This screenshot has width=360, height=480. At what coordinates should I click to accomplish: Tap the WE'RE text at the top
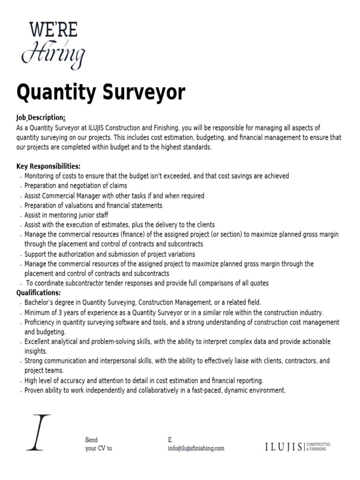[53, 30]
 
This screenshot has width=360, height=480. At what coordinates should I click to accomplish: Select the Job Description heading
[40, 117]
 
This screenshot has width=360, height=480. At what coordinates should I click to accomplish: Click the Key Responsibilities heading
[48, 166]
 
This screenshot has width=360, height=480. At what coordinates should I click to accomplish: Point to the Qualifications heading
[38, 293]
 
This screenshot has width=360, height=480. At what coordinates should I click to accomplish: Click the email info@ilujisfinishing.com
[195, 448]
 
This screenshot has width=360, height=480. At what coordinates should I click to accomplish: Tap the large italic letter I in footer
[37, 432]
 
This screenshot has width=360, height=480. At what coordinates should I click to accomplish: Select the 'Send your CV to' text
[98, 444]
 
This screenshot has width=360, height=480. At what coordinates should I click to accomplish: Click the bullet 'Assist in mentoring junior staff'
[66, 215]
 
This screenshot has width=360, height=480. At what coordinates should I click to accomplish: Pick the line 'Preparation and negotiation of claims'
[75, 186]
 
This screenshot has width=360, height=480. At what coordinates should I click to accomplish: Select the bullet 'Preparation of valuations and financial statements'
[93, 205]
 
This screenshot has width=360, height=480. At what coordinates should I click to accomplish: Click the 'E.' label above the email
[170, 440]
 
